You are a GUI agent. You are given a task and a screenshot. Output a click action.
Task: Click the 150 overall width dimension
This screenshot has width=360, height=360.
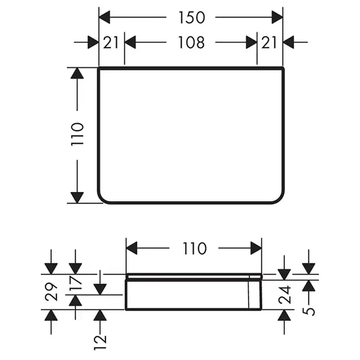tap(191, 17)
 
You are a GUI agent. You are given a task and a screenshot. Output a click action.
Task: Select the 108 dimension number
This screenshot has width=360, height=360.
tap(191, 42)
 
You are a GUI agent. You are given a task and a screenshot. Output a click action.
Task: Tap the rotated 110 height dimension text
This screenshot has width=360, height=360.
tap(77, 135)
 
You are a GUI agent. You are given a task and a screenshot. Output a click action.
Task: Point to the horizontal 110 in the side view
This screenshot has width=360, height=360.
tap(194, 248)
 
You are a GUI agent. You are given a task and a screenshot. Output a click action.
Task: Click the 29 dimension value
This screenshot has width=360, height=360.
tap(51, 292)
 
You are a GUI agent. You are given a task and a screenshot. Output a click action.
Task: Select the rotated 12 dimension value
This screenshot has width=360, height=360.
tap(100, 338)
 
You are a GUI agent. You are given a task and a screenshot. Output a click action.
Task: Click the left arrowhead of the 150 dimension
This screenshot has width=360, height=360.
tap(105, 17)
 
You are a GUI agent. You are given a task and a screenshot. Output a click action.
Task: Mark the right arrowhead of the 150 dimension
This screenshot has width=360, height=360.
tap(277, 17)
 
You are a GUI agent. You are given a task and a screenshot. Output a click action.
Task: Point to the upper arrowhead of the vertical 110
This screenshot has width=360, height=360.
tap(77, 74)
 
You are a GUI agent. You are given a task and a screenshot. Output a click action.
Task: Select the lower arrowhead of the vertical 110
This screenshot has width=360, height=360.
tap(77, 196)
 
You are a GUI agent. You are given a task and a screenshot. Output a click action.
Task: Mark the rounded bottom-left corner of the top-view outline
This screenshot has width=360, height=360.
tap(104, 197)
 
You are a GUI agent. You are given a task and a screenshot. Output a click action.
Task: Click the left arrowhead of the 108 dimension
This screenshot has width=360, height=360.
tap(131, 42)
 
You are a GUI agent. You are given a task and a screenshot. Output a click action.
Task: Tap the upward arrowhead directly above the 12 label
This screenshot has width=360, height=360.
tap(100, 315)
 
